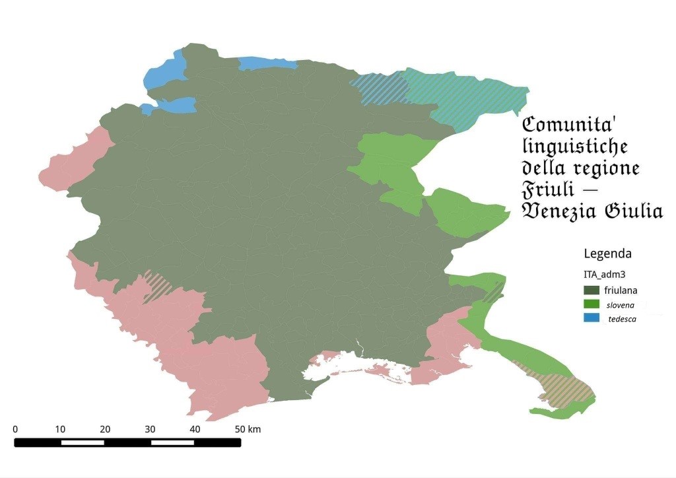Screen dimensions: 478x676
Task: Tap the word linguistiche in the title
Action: (574, 147)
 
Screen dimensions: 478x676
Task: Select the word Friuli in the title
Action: (548, 189)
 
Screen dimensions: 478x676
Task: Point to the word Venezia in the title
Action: (558, 211)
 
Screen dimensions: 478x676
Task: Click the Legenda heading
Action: (607, 254)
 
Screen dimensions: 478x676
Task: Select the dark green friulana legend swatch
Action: (591, 290)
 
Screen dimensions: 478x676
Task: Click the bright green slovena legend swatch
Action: (591, 304)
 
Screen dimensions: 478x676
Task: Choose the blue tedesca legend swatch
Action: (591, 318)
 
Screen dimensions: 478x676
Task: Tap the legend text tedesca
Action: (622, 319)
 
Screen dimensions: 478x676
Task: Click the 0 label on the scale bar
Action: (15, 429)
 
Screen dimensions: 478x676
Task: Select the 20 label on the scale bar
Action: (105, 429)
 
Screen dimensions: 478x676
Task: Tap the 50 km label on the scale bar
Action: (248, 429)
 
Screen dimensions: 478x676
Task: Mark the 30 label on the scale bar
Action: (150, 429)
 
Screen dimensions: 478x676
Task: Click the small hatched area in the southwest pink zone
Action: (157, 286)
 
